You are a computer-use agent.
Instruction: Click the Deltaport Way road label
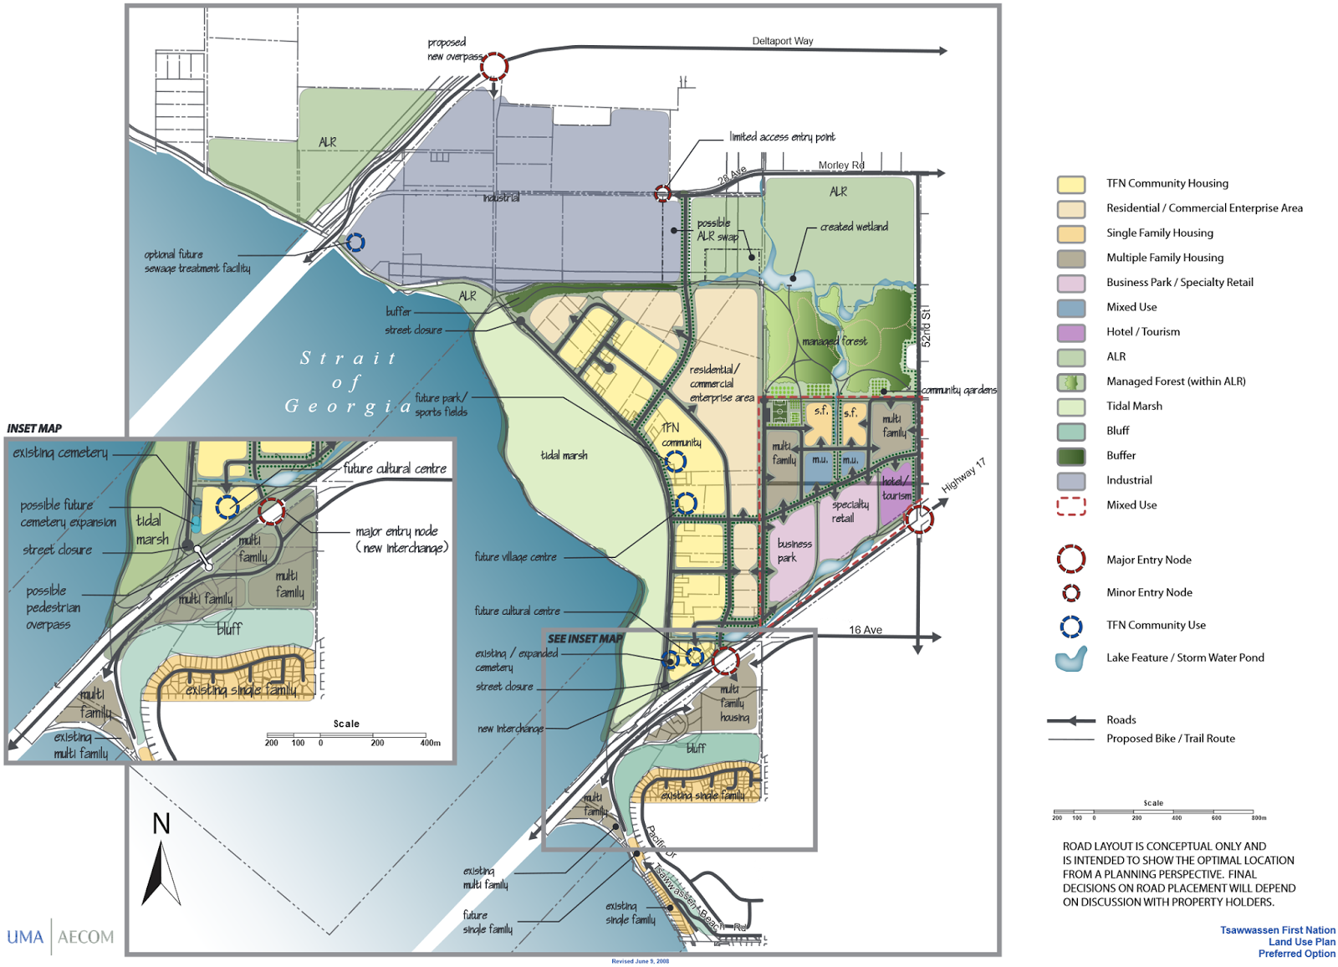click(782, 41)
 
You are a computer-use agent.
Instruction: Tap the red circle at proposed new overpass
click(494, 66)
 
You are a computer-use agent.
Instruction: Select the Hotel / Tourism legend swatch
click(1071, 332)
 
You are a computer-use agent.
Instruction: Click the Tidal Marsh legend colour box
click(1071, 407)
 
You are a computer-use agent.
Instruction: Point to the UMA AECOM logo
click(60, 937)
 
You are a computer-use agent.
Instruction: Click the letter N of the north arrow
click(161, 824)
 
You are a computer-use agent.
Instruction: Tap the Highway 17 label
click(963, 475)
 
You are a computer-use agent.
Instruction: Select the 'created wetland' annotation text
click(854, 227)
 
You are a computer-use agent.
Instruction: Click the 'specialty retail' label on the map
click(849, 511)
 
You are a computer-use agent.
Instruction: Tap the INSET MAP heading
click(34, 428)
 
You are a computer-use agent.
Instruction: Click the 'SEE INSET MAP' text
click(585, 638)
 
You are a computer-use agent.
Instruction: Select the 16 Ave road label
click(866, 630)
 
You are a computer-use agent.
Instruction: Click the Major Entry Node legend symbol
click(1071, 559)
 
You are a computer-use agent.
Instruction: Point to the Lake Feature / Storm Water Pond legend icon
click(1071, 659)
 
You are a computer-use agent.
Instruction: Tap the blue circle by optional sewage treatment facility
click(355, 243)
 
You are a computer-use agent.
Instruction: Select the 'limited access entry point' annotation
click(782, 136)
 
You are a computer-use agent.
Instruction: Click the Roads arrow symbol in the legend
click(1071, 720)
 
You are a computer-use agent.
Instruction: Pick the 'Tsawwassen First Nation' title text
click(1277, 930)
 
